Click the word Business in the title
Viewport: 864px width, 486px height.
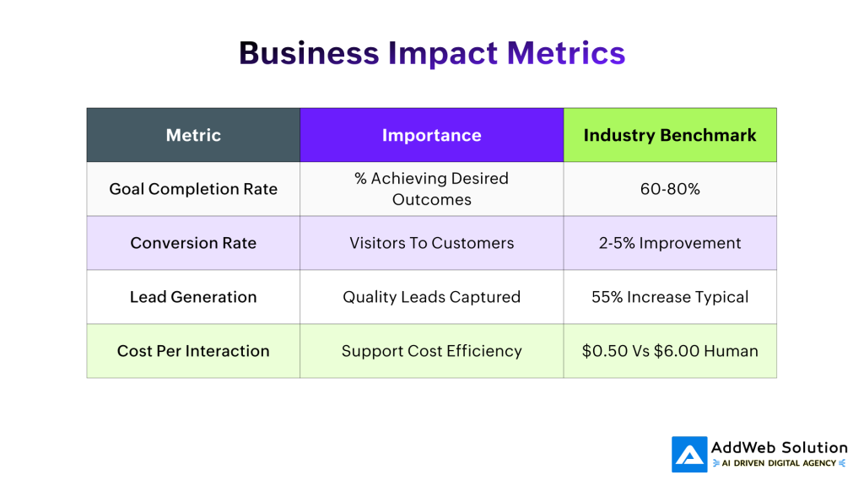(x=309, y=52)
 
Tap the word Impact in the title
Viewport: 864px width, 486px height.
(x=443, y=52)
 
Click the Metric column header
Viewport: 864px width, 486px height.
(x=193, y=135)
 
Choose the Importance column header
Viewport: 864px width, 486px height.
(x=431, y=135)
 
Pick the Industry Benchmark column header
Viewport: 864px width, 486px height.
(x=670, y=135)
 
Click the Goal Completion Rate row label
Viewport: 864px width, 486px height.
(x=193, y=189)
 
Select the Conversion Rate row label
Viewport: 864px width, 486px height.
(x=193, y=243)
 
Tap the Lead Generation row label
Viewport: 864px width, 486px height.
(x=193, y=297)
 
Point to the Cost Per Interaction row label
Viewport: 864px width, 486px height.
(x=193, y=351)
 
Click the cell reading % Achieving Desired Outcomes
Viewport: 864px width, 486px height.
(x=431, y=189)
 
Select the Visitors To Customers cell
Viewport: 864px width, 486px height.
(x=431, y=243)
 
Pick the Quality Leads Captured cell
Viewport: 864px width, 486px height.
(x=431, y=297)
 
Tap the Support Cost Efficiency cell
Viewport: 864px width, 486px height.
(x=431, y=351)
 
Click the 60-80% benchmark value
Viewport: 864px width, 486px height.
(x=670, y=189)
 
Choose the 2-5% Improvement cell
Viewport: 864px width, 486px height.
(x=670, y=243)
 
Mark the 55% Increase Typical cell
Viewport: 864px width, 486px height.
(x=670, y=297)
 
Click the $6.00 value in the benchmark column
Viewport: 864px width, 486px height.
(x=682, y=351)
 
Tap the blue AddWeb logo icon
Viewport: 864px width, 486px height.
(x=689, y=454)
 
